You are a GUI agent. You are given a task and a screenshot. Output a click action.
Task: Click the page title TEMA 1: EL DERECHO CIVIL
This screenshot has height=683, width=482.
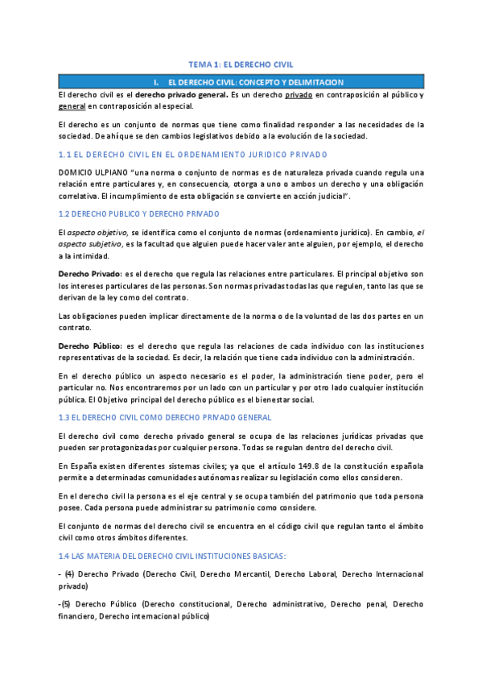241,64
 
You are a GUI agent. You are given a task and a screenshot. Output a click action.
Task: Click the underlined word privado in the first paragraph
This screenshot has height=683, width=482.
297,94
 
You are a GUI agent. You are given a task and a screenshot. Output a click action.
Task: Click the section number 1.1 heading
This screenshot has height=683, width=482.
67,155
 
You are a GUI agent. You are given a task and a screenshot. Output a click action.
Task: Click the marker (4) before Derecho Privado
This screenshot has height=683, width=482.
69,574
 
